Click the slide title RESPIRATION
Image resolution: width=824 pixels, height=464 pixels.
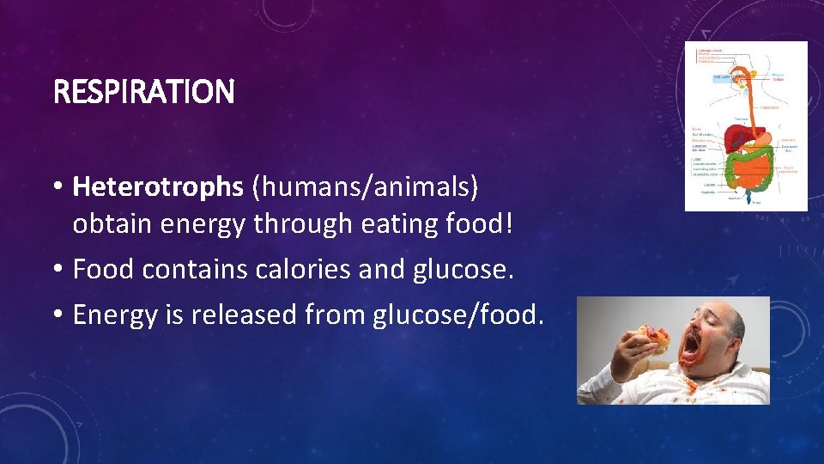(143, 92)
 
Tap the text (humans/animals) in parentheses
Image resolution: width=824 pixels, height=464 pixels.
(367, 185)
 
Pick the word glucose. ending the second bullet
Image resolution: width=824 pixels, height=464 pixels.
(463, 269)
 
